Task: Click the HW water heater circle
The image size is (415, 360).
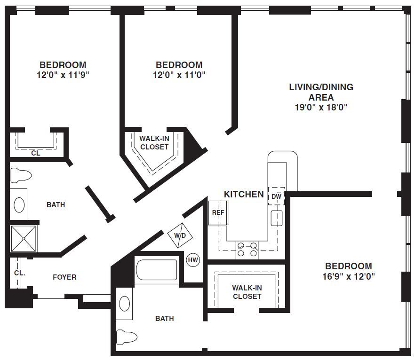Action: click(193, 260)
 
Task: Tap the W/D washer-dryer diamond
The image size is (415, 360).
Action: click(180, 235)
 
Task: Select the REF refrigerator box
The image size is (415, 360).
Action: click(218, 213)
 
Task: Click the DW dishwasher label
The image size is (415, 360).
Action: click(276, 196)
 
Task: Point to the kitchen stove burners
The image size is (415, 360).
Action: click(247, 250)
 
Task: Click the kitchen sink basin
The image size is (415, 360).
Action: click(277, 219)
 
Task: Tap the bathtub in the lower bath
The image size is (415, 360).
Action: click(156, 270)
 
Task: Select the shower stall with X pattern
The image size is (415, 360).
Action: click(24, 239)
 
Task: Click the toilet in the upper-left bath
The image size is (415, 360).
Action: click(21, 175)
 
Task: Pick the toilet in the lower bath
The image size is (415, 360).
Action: click(127, 337)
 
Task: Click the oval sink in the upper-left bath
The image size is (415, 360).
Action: click(19, 205)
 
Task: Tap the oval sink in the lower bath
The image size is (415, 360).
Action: click(125, 304)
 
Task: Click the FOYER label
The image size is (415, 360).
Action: click(64, 277)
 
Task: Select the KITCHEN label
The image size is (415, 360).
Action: click(244, 194)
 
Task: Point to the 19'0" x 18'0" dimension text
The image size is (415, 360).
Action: click(321, 107)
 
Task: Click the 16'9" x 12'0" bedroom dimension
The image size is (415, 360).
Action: click(349, 276)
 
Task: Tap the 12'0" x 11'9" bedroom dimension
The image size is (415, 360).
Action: click(63, 75)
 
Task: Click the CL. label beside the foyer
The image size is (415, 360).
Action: click(20, 273)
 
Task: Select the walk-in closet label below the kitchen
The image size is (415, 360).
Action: click(247, 292)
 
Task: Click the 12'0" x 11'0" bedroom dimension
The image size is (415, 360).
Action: click(179, 75)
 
